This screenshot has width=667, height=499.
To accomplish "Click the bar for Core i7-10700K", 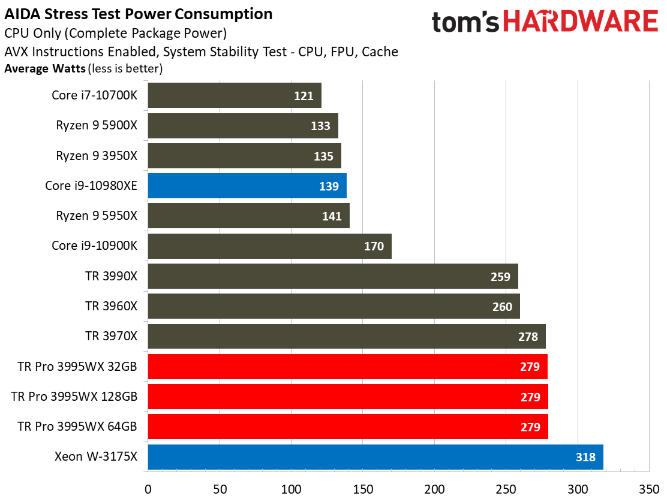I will click(x=234, y=95).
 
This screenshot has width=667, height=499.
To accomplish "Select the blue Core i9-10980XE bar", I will click(x=247, y=186).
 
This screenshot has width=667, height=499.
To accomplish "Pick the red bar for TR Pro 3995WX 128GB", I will click(x=347, y=397).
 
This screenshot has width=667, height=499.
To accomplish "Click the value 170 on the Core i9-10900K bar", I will click(x=374, y=246).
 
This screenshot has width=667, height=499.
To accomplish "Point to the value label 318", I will click(x=585, y=458).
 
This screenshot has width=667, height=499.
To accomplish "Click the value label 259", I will click(x=500, y=277).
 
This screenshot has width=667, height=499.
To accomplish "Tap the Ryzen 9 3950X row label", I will click(x=97, y=156).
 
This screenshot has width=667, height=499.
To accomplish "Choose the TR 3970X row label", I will click(x=111, y=337).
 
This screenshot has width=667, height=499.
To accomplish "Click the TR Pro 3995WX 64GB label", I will click(x=77, y=427).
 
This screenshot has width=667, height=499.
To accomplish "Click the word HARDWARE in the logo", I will click(x=580, y=22).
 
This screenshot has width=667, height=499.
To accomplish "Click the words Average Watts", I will click(x=45, y=69).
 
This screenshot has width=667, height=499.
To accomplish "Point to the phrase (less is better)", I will click(x=125, y=69).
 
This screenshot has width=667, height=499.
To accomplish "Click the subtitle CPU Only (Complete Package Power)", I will click(x=115, y=34).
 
